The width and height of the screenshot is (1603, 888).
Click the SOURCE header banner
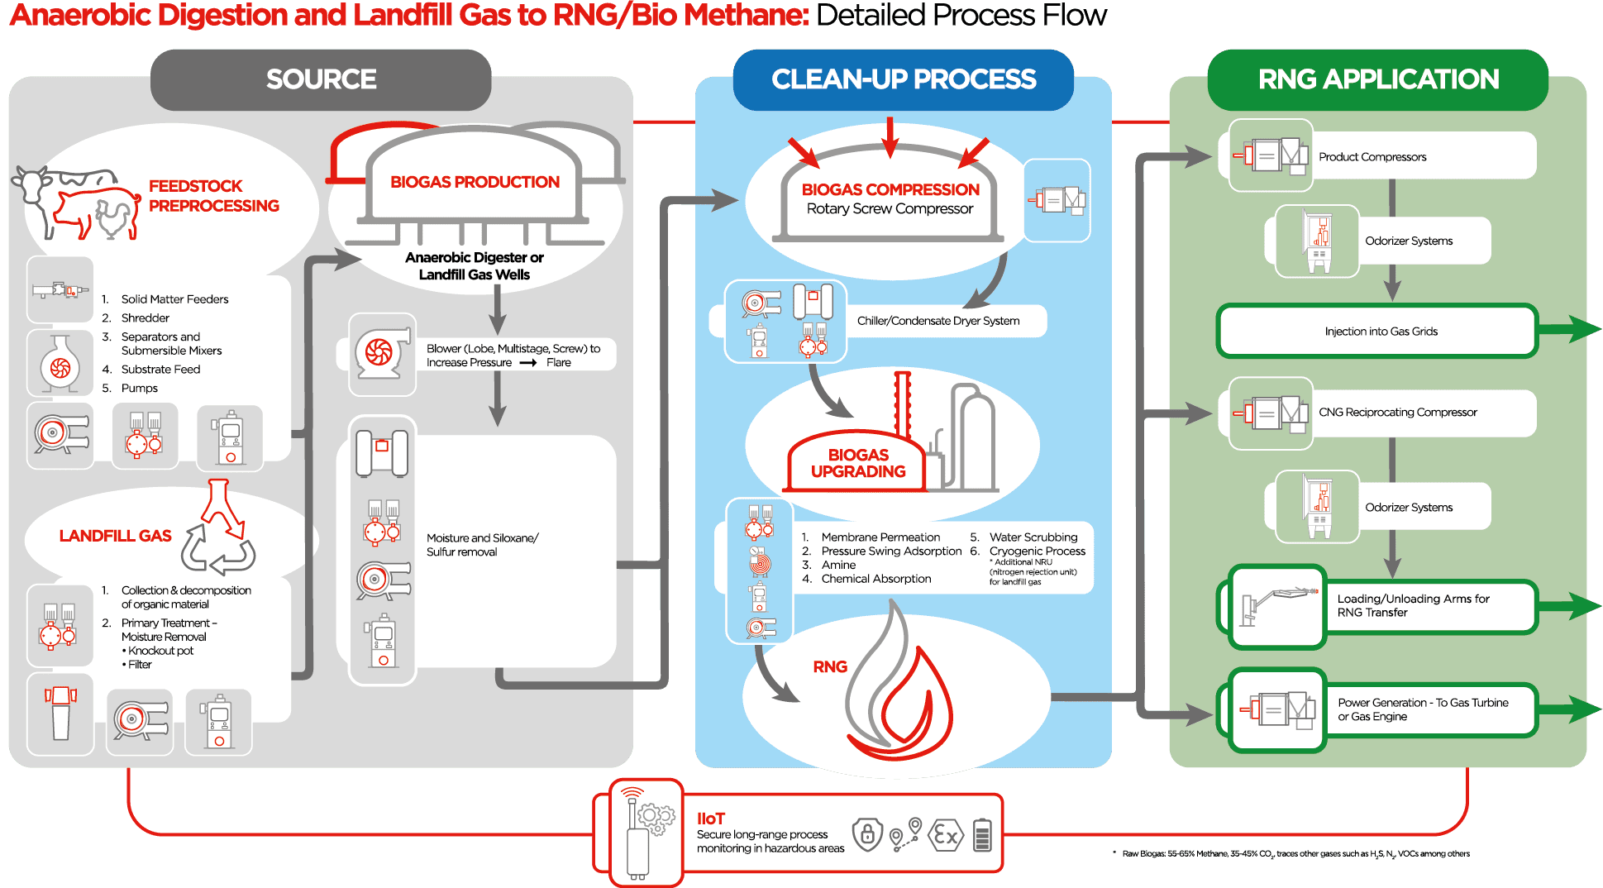pyautogui.click(x=321, y=79)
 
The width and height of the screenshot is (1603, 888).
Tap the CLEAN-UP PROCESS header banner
pyautogui.click(x=903, y=79)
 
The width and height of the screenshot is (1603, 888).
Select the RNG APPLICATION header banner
pyautogui.click(x=1378, y=79)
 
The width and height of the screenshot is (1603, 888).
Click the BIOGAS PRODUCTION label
pyautogui.click(x=475, y=182)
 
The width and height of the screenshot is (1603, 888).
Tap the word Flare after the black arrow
pyautogui.click(x=559, y=363)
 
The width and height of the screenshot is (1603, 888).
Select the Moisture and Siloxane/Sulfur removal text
pyautogui.click(x=482, y=545)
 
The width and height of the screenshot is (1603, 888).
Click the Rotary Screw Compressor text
pyautogui.click(x=890, y=209)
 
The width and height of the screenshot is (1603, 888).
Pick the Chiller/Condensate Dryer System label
pyautogui.click(x=938, y=321)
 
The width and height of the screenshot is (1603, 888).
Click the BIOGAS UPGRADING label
pyautogui.click(x=858, y=463)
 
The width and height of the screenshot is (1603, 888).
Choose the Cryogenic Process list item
pyautogui.click(x=1038, y=551)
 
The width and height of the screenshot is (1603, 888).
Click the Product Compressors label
pyautogui.click(x=1372, y=157)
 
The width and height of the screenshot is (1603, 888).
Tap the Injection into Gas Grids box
pyautogui.click(x=1381, y=332)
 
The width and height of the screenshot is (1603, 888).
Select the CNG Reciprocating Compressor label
pyautogui.click(x=1397, y=413)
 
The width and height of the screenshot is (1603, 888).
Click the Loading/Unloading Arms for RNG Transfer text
pyautogui.click(x=1413, y=605)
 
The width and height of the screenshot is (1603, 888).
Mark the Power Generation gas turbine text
pyautogui.click(x=1423, y=709)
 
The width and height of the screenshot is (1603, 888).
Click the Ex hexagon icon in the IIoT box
pyautogui.click(x=946, y=836)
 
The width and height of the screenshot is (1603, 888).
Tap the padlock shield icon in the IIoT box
pyautogui.click(x=867, y=834)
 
